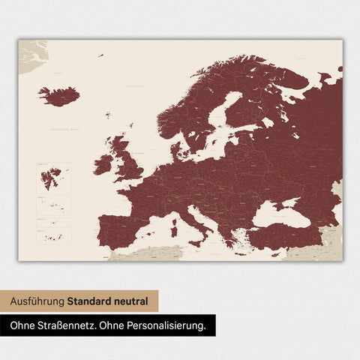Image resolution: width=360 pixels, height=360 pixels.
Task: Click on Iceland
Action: (58, 96)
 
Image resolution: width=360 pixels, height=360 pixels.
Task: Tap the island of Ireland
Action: (103, 164)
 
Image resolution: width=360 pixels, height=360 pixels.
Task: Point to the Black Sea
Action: (278, 214)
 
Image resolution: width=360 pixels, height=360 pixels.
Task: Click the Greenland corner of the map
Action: (32, 54)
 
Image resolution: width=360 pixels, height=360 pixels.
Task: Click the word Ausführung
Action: (37, 301)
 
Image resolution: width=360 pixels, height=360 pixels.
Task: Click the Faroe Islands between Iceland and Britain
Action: (108, 115)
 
